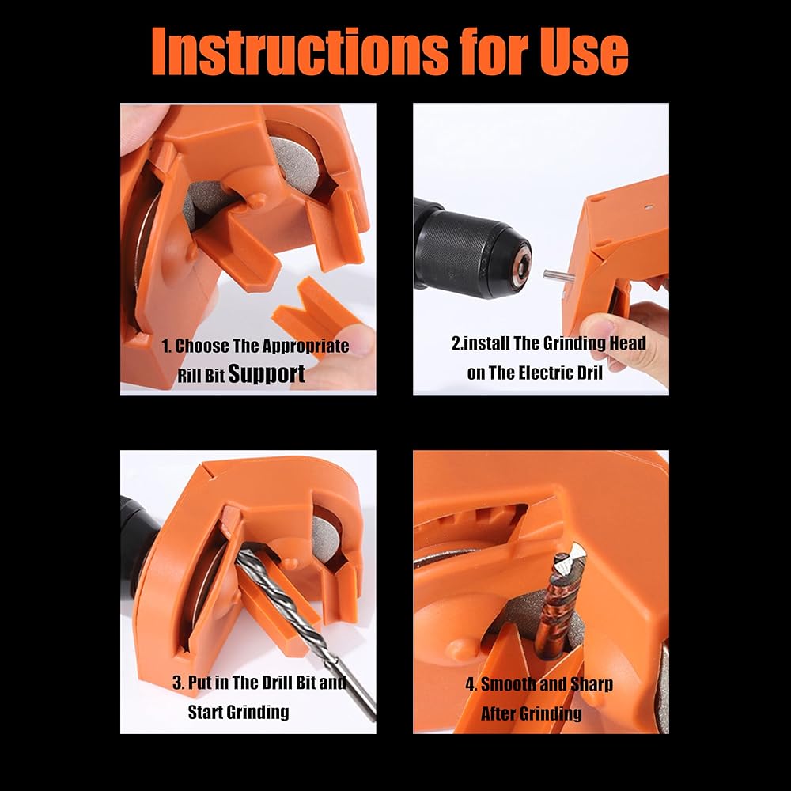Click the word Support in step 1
click(x=267, y=374)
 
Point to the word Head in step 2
click(x=627, y=343)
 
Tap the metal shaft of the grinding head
click(x=557, y=276)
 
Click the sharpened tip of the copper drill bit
click(x=573, y=554)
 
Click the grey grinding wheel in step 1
click(x=295, y=161)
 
